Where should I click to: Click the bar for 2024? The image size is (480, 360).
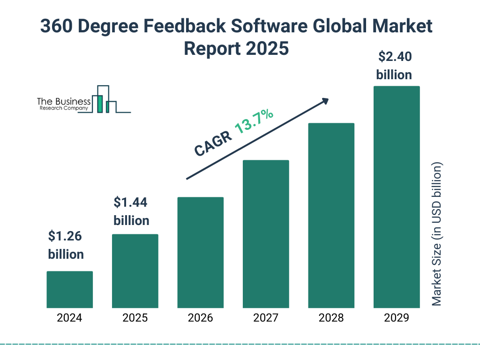pos(69,289)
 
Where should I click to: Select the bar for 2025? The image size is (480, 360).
pos(135,271)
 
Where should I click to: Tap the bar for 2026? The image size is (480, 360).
pos(200,252)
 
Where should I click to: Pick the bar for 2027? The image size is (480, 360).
pos(266,234)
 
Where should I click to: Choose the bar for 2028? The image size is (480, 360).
pos(331,215)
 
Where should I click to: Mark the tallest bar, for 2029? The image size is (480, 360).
pos(397,197)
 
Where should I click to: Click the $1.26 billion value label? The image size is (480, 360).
pos(66,245)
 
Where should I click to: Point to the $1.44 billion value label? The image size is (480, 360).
pos(131,211)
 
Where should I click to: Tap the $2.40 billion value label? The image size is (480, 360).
pos(394,66)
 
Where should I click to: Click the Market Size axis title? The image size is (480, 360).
pos(436,234)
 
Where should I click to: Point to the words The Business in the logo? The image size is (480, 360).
pos(64,102)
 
